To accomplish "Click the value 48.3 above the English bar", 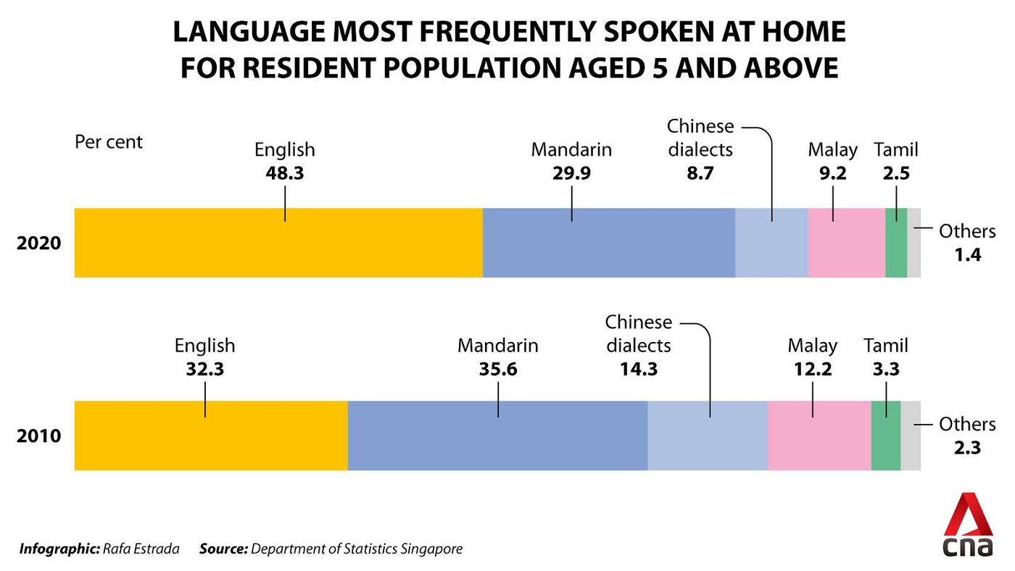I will (284, 174).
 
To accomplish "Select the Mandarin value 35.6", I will (497, 368).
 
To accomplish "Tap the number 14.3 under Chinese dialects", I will (638, 368).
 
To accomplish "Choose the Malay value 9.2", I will (832, 174).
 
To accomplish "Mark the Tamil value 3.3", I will (885, 368).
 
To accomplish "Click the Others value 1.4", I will (967, 254).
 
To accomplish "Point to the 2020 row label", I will (38, 243).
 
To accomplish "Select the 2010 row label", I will (38, 437).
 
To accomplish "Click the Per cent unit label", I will (109, 141).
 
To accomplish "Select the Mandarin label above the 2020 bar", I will (571, 150).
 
